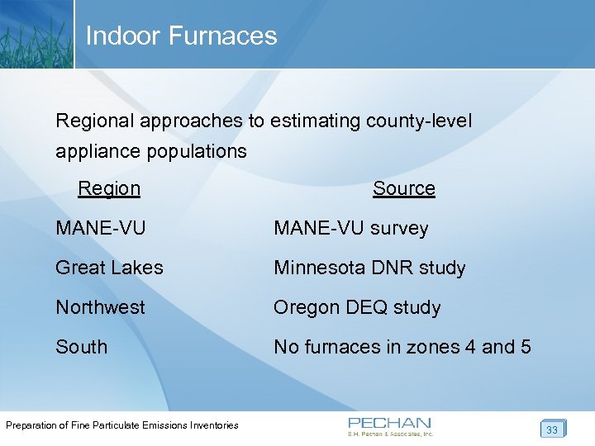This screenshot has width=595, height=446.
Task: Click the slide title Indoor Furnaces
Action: [181, 36]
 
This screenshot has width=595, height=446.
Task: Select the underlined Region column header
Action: [109, 188]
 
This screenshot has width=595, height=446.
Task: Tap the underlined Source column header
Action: [403, 188]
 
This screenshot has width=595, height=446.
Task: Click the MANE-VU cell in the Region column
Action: [100, 228]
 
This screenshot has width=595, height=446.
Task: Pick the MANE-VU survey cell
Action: [351, 228]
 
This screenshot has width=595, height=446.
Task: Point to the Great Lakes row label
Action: [109, 268]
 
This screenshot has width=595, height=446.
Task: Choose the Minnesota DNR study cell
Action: [369, 268]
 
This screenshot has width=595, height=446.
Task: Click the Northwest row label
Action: [100, 307]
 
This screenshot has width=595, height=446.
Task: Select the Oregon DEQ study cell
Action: [357, 307]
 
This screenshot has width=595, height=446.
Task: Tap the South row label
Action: [81, 347]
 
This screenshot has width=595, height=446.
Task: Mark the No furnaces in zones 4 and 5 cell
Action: [402, 347]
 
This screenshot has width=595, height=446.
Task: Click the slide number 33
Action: [552, 429]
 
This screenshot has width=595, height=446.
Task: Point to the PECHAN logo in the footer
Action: [390, 425]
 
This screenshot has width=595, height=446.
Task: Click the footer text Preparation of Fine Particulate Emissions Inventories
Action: [122, 425]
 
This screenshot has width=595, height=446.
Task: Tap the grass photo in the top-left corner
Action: [36, 33]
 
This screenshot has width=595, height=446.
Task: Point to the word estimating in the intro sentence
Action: [321, 121]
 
